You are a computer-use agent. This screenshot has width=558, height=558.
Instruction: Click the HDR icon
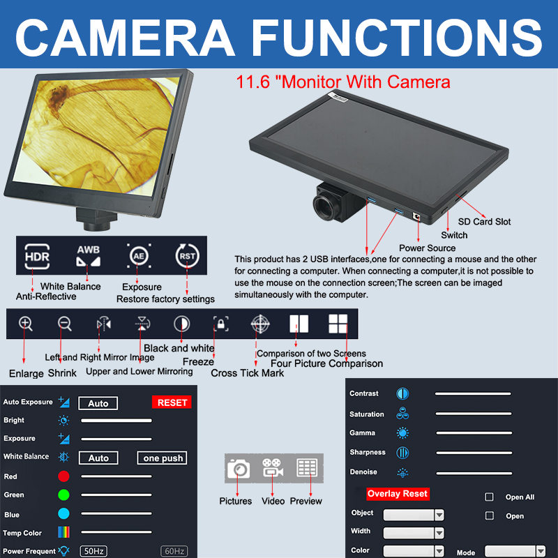[37, 256]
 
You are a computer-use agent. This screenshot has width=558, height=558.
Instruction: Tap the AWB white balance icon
[89, 256]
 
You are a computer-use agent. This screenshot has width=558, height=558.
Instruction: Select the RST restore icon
[187, 256]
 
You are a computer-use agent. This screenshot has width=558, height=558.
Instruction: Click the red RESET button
[172, 402]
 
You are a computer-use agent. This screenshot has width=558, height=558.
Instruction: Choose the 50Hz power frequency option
[93, 551]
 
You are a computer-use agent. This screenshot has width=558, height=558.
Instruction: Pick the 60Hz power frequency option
[174, 551]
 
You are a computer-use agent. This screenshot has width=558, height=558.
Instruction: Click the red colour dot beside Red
[63, 476]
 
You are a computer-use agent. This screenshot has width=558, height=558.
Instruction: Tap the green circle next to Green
[63, 495]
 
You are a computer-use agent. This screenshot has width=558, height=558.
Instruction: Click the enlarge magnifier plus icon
[26, 324]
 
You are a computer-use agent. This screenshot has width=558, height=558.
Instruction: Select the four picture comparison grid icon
[338, 324]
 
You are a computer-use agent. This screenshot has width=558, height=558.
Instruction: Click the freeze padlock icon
[220, 324]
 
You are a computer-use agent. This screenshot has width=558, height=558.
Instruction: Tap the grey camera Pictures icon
[239, 468]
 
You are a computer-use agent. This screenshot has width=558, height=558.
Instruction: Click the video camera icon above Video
[272, 467]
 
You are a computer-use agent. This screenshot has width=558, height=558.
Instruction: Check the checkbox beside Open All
[490, 497]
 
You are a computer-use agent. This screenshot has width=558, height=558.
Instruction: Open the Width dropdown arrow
[439, 533]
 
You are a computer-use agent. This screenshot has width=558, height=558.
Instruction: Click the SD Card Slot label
[484, 222]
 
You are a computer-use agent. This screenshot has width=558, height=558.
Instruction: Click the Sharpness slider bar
[474, 453]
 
